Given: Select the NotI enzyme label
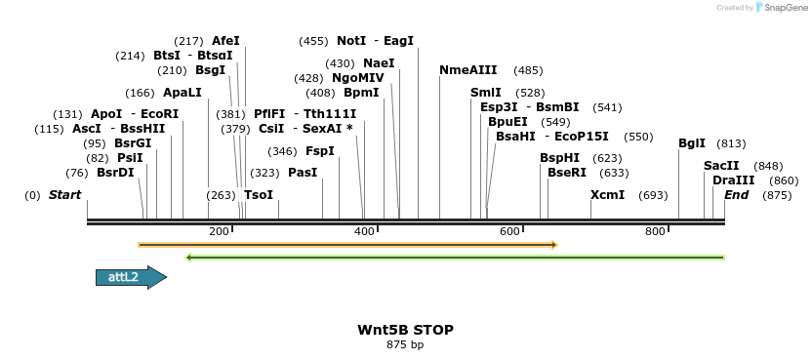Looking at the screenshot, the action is [351, 41].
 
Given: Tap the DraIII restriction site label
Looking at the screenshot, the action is [733, 180].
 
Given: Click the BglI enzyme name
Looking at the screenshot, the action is [692, 143].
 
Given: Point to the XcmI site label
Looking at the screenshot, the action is [607, 195].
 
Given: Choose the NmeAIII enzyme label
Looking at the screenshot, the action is [468, 70].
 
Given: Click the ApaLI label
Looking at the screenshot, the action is [183, 93].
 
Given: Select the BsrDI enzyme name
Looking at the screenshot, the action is [115, 173].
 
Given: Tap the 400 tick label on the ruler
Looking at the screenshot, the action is [365, 231].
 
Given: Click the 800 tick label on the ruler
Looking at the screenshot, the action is [656, 231].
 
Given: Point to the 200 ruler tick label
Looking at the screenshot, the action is [219, 231].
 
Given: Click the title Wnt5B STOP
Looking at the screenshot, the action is [405, 330].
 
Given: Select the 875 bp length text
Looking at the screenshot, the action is [405, 344].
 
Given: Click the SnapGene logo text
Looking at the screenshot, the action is [789, 8].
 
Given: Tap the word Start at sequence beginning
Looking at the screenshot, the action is [64, 195].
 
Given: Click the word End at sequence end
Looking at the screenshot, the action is [737, 195].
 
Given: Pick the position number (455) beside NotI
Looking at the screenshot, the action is [313, 41].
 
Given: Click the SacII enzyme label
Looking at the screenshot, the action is [721, 166].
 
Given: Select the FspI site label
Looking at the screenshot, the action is [320, 151].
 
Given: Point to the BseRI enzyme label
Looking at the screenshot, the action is [567, 173].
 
